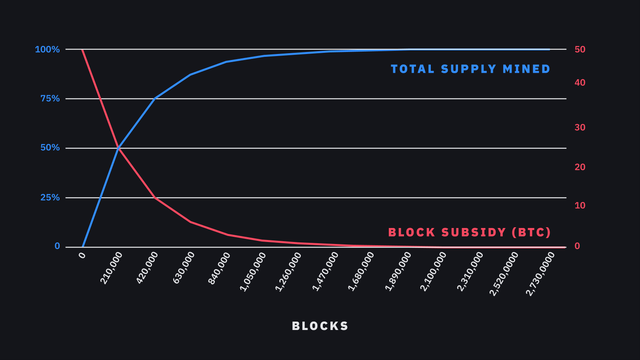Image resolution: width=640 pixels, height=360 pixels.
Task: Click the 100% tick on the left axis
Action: tap(47, 50)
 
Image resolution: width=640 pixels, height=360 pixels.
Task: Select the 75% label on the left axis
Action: tap(50, 98)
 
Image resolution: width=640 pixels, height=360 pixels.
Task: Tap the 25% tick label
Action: tap(50, 198)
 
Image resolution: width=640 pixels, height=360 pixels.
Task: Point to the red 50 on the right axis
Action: tap(580, 50)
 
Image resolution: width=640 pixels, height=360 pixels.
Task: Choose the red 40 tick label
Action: tap(580, 82)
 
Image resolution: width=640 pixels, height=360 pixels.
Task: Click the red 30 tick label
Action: tap(580, 127)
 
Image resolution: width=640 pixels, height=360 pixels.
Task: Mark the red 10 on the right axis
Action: tap(580, 206)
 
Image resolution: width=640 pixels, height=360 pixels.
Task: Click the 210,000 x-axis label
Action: tap(112, 268)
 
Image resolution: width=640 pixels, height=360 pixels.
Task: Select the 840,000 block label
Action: tap(219, 268)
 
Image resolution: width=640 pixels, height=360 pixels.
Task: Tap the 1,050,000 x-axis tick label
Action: tap(253, 272)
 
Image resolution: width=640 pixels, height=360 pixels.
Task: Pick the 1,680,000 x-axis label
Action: tap(361, 272)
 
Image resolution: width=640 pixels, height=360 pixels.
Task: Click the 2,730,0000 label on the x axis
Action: tap(540, 274)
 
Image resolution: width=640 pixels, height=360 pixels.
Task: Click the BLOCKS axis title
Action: tap(320, 326)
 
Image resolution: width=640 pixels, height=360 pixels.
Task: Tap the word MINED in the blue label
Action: tap(526, 69)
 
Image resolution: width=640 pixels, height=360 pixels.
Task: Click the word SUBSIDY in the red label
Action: tap(474, 232)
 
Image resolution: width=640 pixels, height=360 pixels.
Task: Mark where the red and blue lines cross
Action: tap(118, 148)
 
